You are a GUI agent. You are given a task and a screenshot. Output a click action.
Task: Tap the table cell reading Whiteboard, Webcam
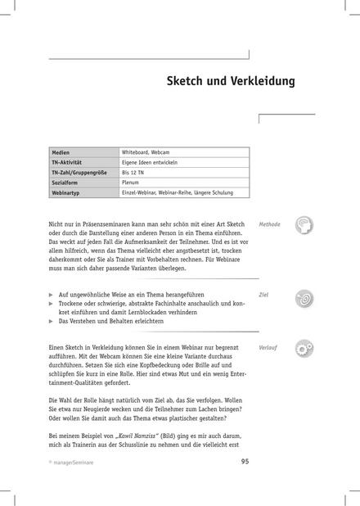pos(146,153)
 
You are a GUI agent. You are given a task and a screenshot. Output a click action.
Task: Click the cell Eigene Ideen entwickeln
pos(150,163)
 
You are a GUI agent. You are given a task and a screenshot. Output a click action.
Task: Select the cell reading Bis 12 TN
pos(133,173)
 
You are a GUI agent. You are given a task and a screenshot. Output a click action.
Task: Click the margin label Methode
pos(269,224)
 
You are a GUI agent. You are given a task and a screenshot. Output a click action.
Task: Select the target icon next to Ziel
pos(304,297)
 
